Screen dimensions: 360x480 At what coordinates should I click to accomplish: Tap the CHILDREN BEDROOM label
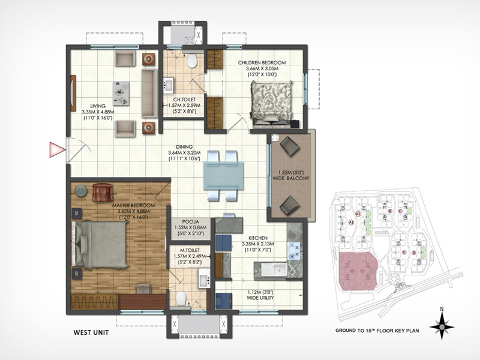coord(262,62)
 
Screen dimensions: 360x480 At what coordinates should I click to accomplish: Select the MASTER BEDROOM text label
coord(133,206)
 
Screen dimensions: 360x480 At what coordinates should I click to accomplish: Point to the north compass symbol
coord(442,325)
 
